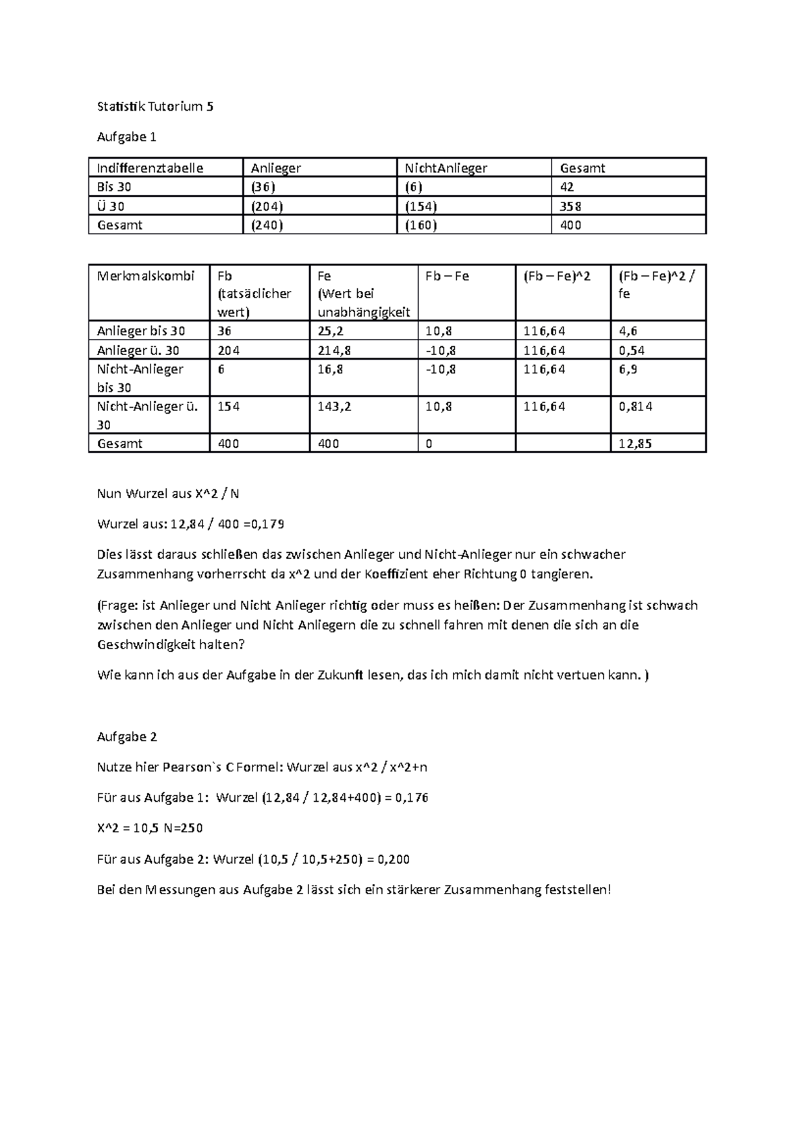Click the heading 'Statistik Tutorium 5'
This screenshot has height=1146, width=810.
point(155,106)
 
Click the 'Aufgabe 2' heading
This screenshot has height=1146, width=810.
point(127,736)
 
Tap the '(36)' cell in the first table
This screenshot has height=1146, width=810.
point(263,187)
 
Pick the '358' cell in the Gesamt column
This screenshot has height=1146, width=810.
point(570,206)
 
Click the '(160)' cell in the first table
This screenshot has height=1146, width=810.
point(421,225)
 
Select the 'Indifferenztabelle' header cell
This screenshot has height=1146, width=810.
point(150,168)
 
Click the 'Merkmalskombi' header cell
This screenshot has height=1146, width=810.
point(146,275)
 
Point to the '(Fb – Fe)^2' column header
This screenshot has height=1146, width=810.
point(557,275)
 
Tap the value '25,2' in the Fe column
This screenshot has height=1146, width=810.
point(330,331)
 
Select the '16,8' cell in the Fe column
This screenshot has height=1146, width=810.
point(330,369)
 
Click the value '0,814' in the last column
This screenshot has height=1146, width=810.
point(635,406)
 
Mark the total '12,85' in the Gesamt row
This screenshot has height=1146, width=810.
point(635,443)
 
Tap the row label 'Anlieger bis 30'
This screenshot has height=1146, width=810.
point(140,331)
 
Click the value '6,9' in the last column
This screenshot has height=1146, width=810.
point(628,369)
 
